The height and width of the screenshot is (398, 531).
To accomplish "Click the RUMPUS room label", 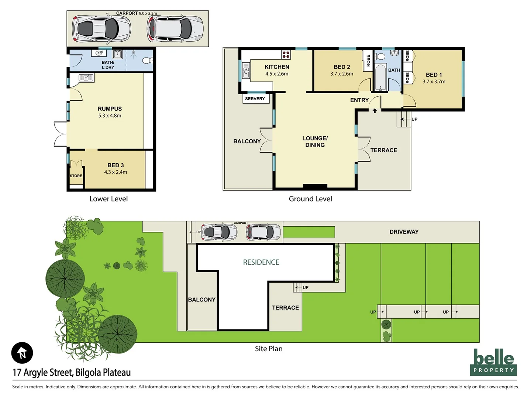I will pos(110,109).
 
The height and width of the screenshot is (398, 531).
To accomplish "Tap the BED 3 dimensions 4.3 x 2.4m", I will pos(115,172).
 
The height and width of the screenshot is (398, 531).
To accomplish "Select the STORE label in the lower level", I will pos(76,176).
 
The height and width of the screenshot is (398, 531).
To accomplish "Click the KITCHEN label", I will pos(277,67).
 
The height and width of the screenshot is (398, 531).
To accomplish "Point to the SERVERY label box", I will pos(255,99).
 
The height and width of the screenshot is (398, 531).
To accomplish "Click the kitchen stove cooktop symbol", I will pos(286,55).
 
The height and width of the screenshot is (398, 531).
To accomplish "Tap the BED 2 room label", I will pos(342,67).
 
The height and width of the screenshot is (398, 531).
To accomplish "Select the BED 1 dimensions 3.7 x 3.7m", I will pos(434,82).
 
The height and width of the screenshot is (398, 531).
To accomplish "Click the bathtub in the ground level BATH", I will pos(380,78).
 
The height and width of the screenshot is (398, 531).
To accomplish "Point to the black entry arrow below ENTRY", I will pos(375,110).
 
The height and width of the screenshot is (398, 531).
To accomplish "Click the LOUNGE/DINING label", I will pos(315,142).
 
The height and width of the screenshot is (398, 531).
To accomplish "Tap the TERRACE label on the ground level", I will pos(384,150).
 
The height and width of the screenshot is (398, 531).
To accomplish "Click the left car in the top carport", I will pos(96,29).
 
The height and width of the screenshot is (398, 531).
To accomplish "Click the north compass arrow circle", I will pos(22,353).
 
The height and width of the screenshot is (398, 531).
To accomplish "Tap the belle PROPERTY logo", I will pos(493,362).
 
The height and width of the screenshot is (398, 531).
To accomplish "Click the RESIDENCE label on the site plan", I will pos(261,262).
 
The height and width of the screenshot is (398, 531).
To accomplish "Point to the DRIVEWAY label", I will pos(404,232).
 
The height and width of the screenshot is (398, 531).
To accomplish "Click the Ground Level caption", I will pos(310,199).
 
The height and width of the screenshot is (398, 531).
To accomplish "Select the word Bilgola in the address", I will pos(88,373).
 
